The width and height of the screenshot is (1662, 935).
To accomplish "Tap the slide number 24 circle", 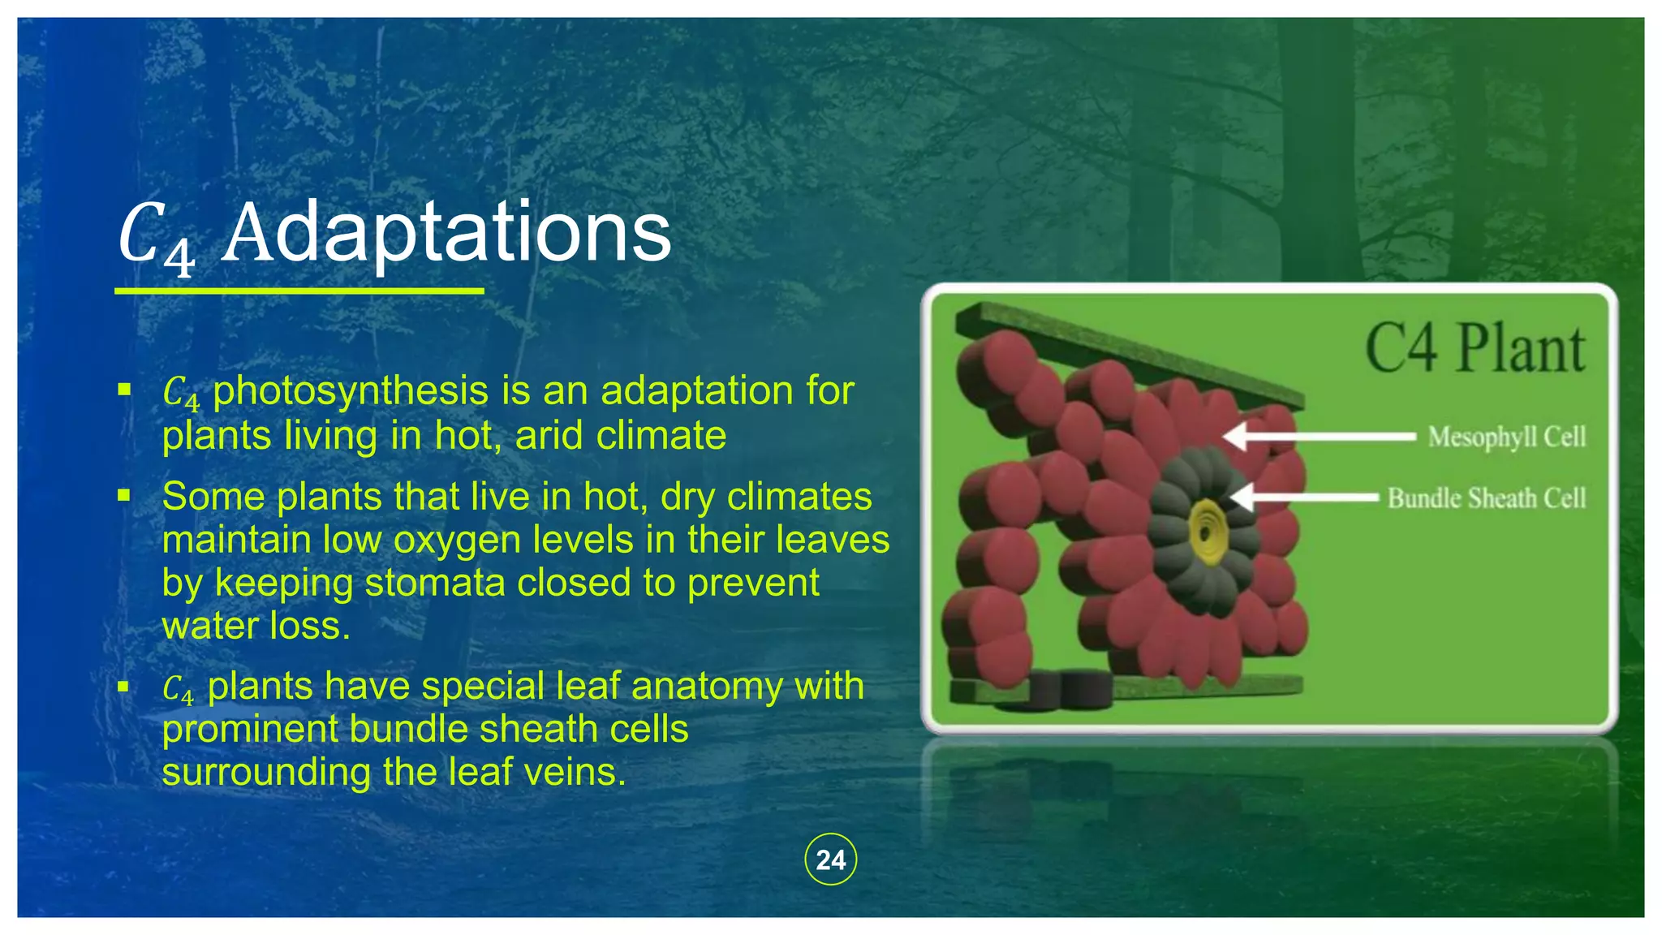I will [x=830, y=860].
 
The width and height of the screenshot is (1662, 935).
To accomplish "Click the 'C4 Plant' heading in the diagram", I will [x=1474, y=349].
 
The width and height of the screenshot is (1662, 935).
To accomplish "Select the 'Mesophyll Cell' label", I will [x=1506, y=437].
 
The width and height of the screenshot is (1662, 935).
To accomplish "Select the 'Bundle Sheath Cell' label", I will [x=1486, y=498].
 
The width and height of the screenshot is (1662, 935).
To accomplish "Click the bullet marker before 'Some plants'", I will [x=124, y=495].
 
